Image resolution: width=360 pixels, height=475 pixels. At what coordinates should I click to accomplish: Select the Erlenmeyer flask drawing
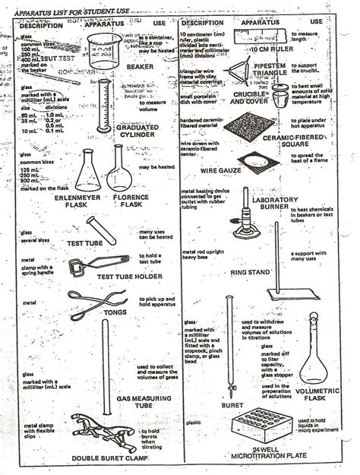(x=90, y=174)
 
